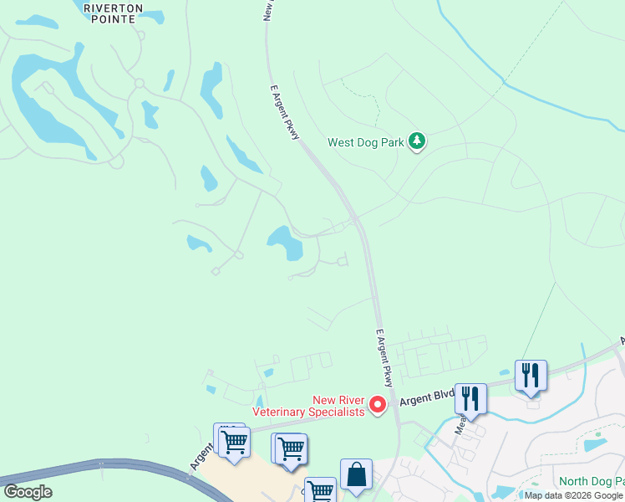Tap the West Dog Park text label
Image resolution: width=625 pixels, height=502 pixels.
[x=366, y=142]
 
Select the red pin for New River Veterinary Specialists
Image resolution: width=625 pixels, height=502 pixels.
[x=377, y=405]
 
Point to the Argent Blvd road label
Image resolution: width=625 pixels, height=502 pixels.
[x=426, y=397]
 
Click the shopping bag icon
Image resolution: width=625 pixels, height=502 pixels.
[x=356, y=474]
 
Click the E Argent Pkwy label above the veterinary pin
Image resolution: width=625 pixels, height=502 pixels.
[x=383, y=357]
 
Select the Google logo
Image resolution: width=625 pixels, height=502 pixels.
[x=28, y=492]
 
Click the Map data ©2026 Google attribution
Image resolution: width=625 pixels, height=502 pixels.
[x=573, y=495]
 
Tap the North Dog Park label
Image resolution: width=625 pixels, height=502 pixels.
[x=591, y=481]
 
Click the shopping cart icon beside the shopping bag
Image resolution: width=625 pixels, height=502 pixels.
[x=319, y=490]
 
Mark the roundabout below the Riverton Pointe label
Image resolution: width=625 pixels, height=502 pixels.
[x=139, y=83]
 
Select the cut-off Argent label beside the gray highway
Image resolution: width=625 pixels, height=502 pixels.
[x=201, y=457]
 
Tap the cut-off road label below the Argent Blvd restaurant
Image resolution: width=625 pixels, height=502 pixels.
[x=460, y=426]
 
